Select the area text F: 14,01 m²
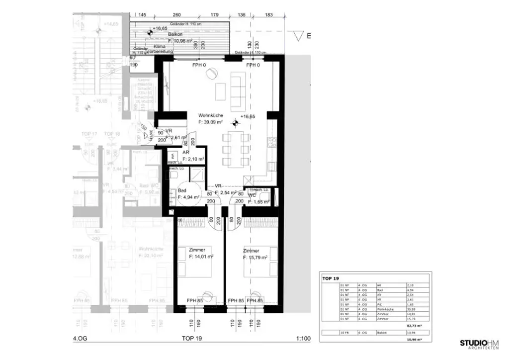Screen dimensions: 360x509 201,257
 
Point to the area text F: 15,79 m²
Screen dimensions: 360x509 255,258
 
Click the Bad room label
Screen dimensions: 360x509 182,190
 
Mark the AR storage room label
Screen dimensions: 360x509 185,153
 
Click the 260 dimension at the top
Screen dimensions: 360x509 176,15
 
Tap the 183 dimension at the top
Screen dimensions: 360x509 269,15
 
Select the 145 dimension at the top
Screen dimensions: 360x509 142,15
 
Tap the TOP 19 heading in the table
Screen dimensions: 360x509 330,279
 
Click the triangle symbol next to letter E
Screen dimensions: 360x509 298,36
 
